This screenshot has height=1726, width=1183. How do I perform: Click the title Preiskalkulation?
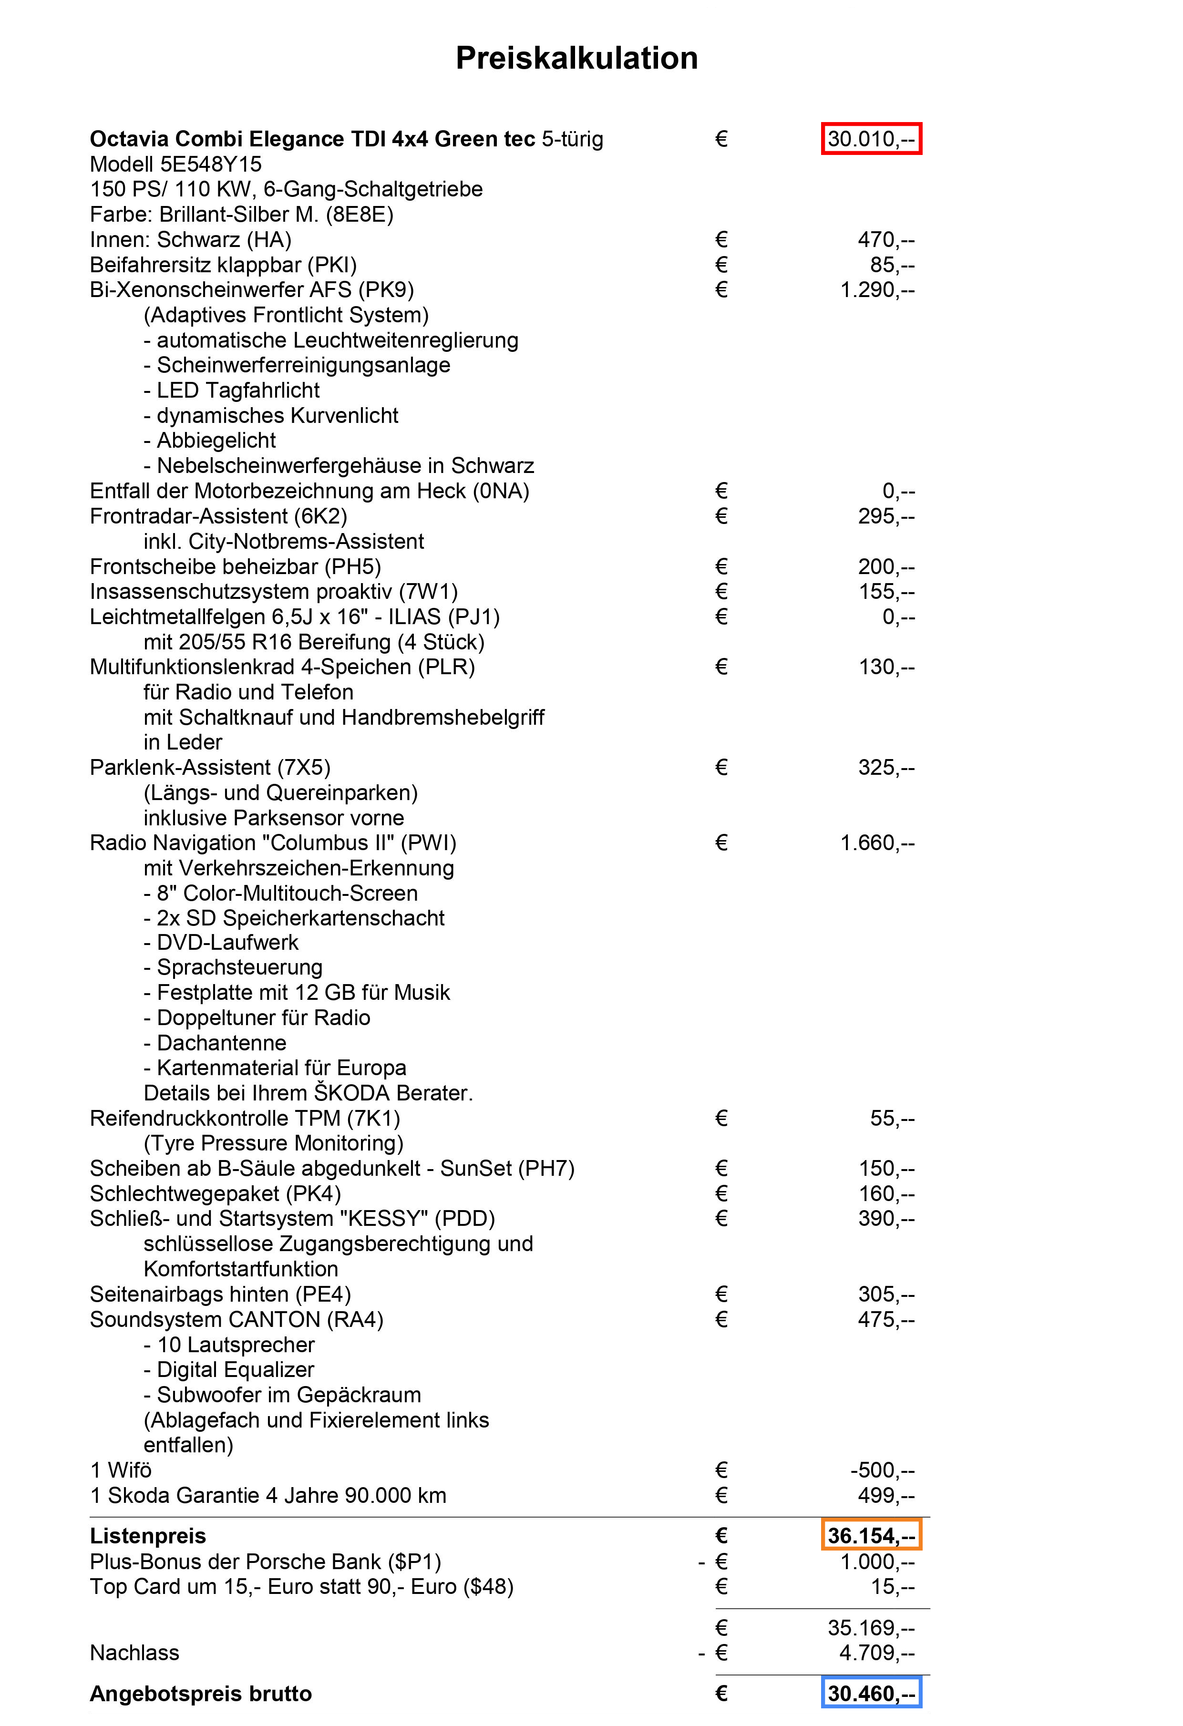click(x=576, y=58)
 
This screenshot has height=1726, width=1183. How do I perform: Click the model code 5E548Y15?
click(x=211, y=164)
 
